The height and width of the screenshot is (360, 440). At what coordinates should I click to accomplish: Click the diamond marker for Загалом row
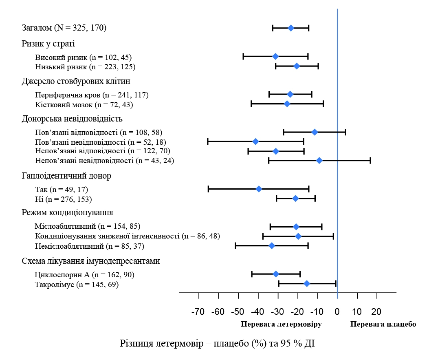click(291, 28)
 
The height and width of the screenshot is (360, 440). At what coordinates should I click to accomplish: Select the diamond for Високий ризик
click(275, 56)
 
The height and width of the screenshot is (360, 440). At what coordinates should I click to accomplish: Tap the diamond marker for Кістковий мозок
click(287, 104)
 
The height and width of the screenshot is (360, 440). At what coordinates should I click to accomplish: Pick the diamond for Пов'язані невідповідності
click(255, 141)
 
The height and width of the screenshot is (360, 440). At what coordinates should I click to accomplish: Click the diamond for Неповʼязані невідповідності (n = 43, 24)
click(319, 161)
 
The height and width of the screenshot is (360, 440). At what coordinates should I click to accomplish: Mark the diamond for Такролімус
click(307, 283)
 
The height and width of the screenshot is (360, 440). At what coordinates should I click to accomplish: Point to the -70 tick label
click(198, 312)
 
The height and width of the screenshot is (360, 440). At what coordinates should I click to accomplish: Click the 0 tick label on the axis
click(337, 312)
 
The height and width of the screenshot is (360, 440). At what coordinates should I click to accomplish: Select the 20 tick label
click(376, 312)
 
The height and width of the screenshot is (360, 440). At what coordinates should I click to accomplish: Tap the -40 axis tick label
click(257, 312)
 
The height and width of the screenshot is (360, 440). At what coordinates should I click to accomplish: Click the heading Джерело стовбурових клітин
click(76, 81)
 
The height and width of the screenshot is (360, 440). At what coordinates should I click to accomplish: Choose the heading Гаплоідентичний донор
click(66, 176)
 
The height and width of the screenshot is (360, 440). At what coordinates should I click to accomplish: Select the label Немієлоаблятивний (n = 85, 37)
click(90, 246)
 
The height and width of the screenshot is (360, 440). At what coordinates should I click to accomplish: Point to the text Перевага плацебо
click(383, 325)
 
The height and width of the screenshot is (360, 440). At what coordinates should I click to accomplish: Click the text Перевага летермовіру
click(282, 325)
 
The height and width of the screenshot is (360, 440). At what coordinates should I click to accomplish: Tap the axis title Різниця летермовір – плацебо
click(217, 343)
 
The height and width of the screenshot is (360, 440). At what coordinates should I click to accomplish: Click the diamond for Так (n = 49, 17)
click(259, 189)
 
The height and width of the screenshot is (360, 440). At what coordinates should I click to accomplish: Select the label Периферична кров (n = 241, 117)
click(92, 95)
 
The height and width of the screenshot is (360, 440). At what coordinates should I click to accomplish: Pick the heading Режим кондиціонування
click(67, 213)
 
